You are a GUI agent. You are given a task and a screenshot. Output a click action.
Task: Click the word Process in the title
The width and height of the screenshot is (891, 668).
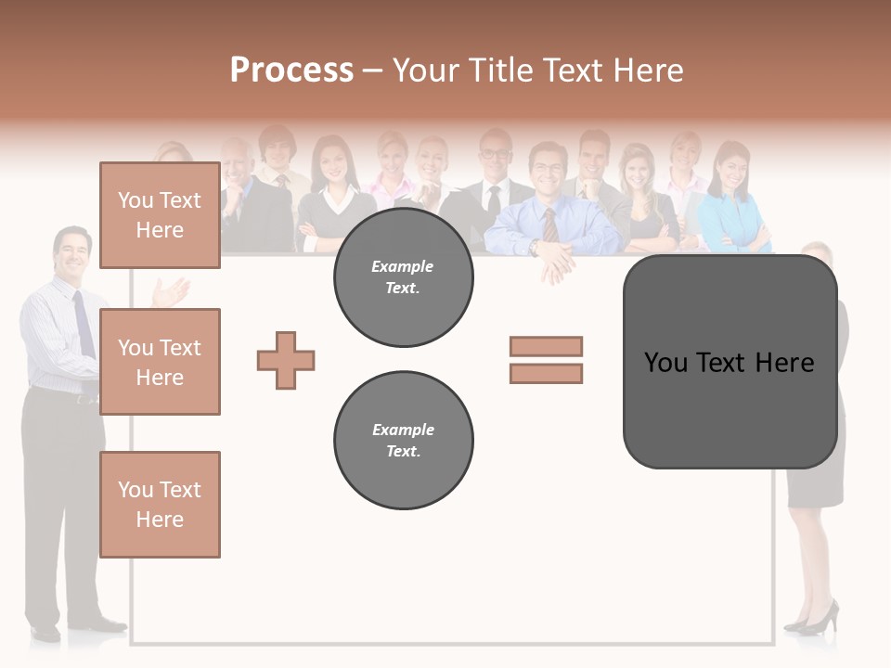click(291, 71)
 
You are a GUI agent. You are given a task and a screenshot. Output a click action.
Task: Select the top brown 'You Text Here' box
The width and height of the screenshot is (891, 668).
click(160, 215)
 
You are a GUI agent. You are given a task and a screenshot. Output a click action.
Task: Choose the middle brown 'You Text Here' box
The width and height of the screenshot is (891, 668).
click(160, 362)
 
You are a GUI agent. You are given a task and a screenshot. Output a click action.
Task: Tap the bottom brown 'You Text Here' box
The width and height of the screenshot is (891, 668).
click(160, 504)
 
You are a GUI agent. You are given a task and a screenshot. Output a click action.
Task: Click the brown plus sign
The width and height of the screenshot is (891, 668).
click(286, 360)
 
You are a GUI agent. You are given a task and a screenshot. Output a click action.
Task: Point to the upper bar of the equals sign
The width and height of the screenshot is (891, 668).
click(546, 346)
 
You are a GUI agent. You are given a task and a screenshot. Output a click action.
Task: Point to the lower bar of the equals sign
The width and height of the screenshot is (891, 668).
click(546, 373)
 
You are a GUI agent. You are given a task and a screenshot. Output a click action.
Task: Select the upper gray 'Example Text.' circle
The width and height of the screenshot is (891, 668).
click(403, 277)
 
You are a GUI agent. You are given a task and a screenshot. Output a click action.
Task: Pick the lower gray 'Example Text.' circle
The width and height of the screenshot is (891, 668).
click(403, 441)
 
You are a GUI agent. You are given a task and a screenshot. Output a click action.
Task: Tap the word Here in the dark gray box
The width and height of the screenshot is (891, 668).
click(784, 363)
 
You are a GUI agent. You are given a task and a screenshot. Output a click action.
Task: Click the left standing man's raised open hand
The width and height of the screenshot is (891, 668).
click(170, 293)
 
